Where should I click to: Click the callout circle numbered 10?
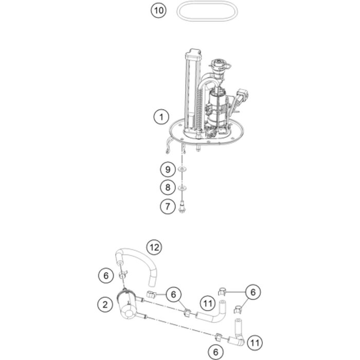(x=158, y=10)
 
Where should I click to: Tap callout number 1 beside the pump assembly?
(x=161, y=117)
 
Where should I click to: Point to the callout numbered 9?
(x=168, y=169)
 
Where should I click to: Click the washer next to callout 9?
(x=182, y=169)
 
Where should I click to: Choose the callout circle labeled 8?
(x=168, y=187)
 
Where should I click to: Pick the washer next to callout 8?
(x=182, y=188)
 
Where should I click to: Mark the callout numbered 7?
(x=168, y=206)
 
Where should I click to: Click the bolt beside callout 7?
(x=182, y=206)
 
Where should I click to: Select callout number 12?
(x=154, y=247)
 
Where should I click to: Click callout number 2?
(x=105, y=304)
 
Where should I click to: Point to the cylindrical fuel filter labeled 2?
(x=128, y=305)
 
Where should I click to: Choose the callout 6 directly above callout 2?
(x=106, y=275)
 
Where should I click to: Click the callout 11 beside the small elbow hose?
(x=255, y=343)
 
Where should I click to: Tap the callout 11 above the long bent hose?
(x=208, y=303)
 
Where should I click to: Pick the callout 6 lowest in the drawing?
(x=215, y=352)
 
